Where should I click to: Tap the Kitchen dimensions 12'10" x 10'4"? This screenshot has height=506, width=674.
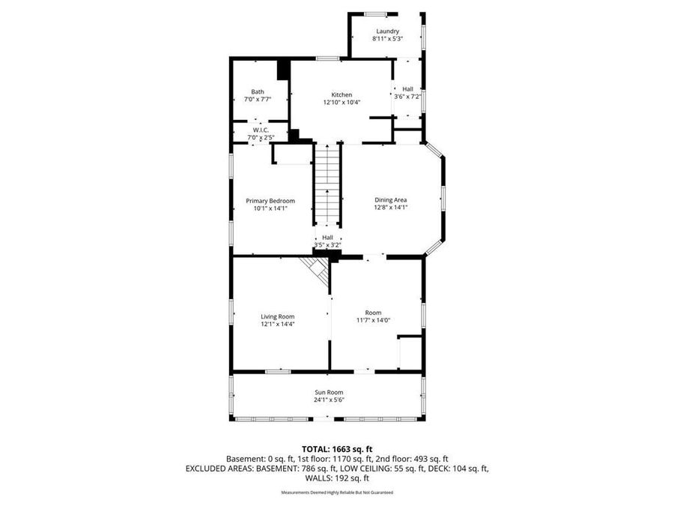click(337, 103)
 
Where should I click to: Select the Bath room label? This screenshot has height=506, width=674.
click(257, 91)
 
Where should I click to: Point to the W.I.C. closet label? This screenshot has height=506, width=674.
click(260, 130)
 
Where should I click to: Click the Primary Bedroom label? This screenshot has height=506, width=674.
click(270, 201)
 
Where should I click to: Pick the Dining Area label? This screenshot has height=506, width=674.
click(390, 200)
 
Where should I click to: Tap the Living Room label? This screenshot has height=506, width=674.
click(277, 316)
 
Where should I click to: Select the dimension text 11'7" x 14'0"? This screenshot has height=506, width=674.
click(373, 321)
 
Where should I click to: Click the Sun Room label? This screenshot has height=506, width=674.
click(330, 391)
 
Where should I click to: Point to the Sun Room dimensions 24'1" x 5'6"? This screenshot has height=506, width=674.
click(330, 400)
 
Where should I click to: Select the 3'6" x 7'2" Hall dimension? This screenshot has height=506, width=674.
click(407, 96)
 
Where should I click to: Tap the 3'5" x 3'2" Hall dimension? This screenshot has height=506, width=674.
click(327, 245)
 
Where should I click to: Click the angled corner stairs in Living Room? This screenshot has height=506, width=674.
click(317, 271)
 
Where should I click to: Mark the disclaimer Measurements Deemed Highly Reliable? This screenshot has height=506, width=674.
click(336, 493)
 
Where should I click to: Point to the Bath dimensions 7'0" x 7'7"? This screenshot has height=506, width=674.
click(257, 99)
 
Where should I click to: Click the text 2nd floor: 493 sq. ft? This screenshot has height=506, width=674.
click(414, 459)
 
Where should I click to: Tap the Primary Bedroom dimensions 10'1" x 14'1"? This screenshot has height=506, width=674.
click(270, 208)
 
